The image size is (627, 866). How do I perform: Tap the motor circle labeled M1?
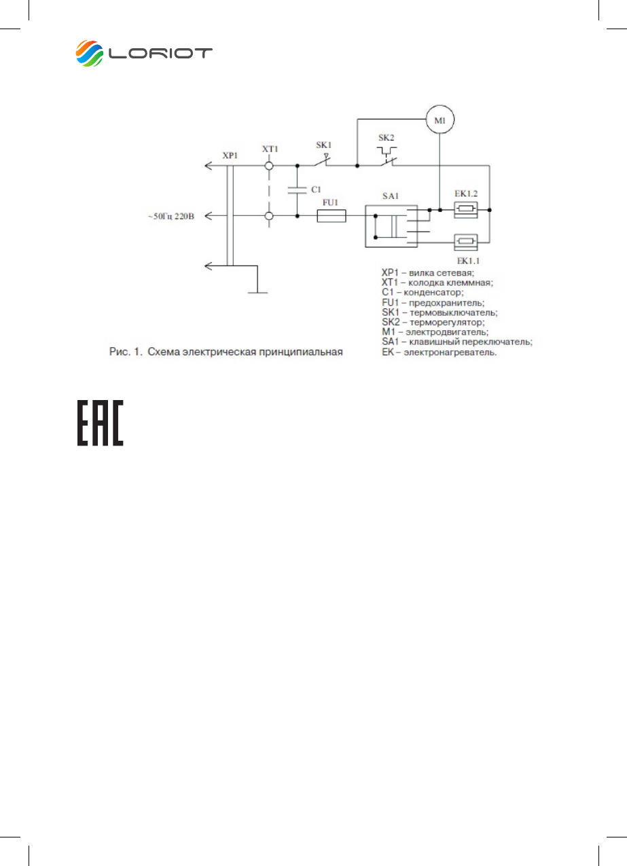[440, 122]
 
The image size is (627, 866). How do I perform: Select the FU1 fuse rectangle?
[332, 216]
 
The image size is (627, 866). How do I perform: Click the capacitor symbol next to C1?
[297, 191]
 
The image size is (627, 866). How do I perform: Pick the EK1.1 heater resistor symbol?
[465, 240]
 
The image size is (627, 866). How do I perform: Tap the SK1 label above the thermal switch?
[324, 145]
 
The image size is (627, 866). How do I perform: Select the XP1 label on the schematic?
[230, 156]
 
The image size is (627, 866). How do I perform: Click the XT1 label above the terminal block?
[270, 149]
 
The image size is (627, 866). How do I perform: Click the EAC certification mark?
[100, 422]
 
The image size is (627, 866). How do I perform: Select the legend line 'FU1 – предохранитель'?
[433, 302]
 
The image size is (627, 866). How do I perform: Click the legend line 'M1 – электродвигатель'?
[435, 332]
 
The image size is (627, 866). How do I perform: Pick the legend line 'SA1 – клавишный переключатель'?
[457, 342]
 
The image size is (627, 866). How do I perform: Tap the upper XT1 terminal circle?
[270, 165]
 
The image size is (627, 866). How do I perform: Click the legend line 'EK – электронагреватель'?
[440, 352]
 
